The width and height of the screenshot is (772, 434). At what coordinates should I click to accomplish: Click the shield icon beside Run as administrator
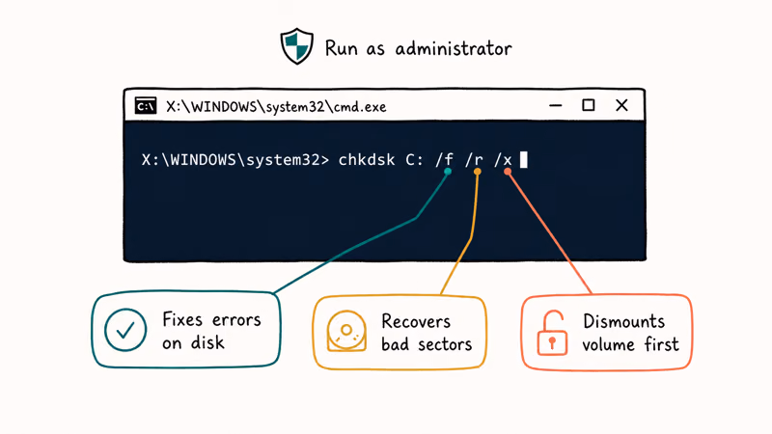pos(296,46)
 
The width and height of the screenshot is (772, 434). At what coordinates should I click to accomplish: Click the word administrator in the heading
pos(454,48)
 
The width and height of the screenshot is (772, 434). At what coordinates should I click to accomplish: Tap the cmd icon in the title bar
pos(146,105)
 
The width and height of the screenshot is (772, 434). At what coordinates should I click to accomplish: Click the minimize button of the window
pos(556,105)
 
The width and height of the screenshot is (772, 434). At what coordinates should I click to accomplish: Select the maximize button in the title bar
pos(589,105)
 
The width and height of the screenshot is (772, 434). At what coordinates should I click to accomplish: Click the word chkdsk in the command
pos(367,159)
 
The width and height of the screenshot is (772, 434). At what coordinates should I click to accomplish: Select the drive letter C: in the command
pos(415,160)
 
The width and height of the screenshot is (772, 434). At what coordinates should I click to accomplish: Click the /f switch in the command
pos(444,159)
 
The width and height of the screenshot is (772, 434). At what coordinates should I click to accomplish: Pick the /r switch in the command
pos(474,160)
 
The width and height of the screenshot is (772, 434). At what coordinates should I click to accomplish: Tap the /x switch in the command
pos(503,160)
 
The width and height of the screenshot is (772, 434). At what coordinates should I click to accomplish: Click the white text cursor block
pos(524,159)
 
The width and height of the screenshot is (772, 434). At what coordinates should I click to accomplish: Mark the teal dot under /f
pos(448,172)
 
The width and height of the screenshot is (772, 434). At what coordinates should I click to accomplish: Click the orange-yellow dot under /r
pos(477,172)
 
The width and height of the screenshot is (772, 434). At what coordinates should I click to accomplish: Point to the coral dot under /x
pos(508,172)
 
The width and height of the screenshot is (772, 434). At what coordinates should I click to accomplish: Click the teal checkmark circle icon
pos(125,329)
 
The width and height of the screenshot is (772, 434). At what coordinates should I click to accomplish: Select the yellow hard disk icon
pos(346,331)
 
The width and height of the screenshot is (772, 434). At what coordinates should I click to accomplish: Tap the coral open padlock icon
pos(552,333)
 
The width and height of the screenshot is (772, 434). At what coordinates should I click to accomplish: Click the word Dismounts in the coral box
pos(623,321)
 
